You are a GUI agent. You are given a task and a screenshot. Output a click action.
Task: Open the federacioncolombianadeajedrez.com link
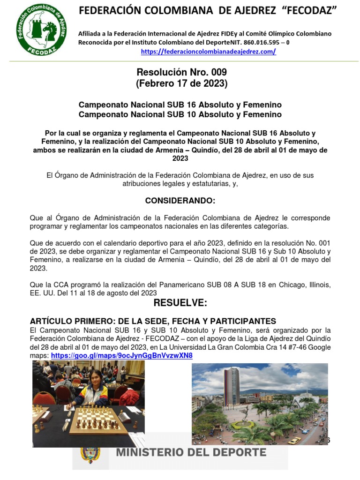(x=208, y=52)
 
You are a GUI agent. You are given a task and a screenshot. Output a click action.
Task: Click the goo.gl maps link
(x=121, y=356)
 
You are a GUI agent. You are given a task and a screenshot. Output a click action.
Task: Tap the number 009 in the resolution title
(x=216, y=72)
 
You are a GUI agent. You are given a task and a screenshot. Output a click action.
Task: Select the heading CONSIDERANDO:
(x=180, y=201)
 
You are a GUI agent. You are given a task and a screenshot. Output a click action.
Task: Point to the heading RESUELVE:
(x=180, y=303)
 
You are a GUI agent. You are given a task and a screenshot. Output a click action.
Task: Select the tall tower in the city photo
(x=231, y=386)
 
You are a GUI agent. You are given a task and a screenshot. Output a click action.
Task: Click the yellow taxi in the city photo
(x=294, y=440)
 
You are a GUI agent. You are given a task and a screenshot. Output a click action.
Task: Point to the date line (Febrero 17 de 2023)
(x=181, y=84)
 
